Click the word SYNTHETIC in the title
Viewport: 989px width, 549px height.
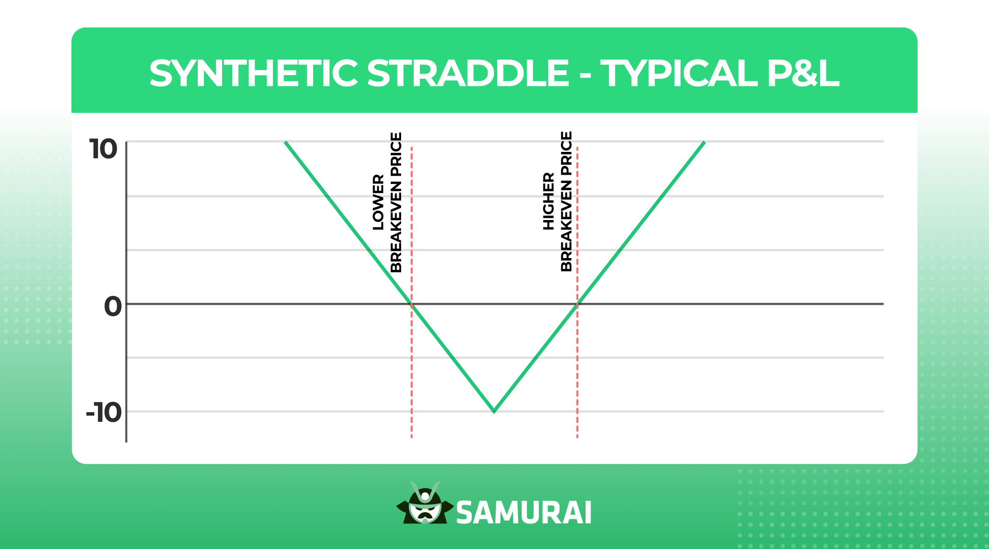253,73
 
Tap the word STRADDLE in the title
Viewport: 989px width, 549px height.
468,73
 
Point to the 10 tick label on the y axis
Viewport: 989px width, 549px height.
103,149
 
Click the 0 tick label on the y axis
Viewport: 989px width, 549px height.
113,306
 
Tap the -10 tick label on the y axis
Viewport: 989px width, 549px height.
104,413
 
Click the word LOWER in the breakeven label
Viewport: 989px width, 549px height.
378,202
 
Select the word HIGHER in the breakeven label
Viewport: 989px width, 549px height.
549,201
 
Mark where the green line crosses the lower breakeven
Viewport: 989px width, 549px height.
412,304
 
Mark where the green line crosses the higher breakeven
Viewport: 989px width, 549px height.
577,304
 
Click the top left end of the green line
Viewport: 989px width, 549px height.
286,143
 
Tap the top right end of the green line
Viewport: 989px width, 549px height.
704,143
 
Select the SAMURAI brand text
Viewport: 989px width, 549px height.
524,512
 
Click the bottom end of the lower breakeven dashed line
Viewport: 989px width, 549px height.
412,437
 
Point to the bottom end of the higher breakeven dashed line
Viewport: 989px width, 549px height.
577,437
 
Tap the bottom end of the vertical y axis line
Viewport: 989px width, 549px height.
126,441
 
